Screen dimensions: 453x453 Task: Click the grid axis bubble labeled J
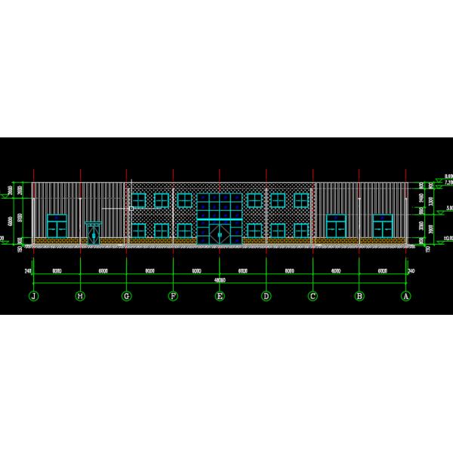(33, 296)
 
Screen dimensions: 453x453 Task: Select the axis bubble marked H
(80, 296)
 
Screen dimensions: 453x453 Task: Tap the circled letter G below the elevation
(127, 296)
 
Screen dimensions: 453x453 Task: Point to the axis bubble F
(173, 296)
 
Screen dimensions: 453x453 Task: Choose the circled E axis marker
(220, 296)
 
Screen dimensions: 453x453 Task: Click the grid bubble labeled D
(266, 296)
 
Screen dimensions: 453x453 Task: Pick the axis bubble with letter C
(313, 296)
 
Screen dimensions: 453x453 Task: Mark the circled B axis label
(359, 296)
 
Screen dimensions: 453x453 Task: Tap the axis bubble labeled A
(406, 296)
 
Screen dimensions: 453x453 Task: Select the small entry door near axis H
(93, 233)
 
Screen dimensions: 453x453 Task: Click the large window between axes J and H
(57, 225)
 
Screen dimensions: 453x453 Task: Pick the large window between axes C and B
(336, 225)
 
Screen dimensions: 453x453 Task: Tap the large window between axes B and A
(383, 225)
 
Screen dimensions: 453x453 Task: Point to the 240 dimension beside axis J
(28, 270)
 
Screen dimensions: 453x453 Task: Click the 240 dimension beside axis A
(411, 270)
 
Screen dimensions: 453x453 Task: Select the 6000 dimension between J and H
(57, 270)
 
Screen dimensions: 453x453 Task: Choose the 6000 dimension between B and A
(383, 270)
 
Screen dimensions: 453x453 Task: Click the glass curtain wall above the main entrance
(220, 207)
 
